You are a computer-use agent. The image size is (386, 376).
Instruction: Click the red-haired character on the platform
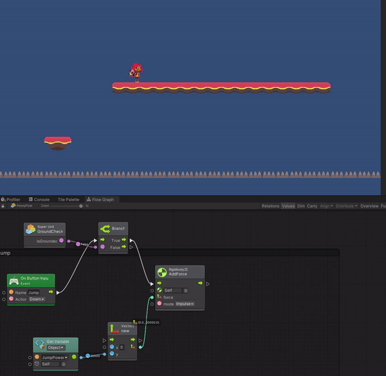pyautogui.click(x=136, y=72)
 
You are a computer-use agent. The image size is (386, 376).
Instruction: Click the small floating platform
pyautogui.click(x=58, y=142)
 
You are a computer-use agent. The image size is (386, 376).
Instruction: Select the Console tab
pyautogui.click(x=41, y=200)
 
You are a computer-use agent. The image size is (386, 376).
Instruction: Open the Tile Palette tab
pyautogui.click(x=68, y=200)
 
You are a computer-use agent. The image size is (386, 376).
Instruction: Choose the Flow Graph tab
pyautogui.click(x=101, y=200)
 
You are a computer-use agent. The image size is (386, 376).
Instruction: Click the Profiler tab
pyautogui.click(x=12, y=200)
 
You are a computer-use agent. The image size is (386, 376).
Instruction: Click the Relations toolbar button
pyautogui.click(x=270, y=206)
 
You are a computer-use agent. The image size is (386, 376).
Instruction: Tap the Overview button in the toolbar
pyautogui.click(x=369, y=206)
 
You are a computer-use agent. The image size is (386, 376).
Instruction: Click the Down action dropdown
pyautogui.click(x=37, y=299)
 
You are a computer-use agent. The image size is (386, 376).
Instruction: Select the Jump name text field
pyautogui.click(x=34, y=292)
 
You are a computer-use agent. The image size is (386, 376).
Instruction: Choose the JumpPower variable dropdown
pyautogui.click(x=56, y=357)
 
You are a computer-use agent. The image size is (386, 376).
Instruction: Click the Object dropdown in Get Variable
pyautogui.click(x=57, y=348)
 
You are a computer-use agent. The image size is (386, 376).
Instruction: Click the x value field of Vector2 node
pyautogui.click(x=121, y=347)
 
